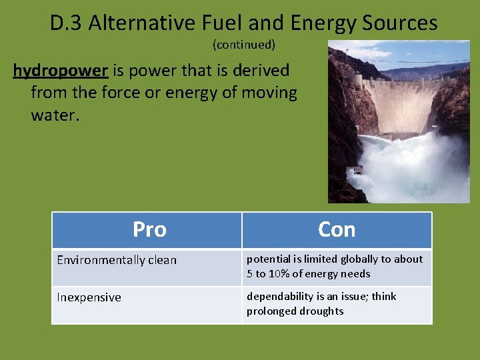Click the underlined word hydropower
(60, 71)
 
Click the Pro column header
(149, 229)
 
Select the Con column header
(337, 229)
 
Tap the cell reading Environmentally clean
(117, 260)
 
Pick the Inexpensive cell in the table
(89, 297)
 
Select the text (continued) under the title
(244, 45)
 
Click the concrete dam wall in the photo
(400, 100)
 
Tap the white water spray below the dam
(407, 167)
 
